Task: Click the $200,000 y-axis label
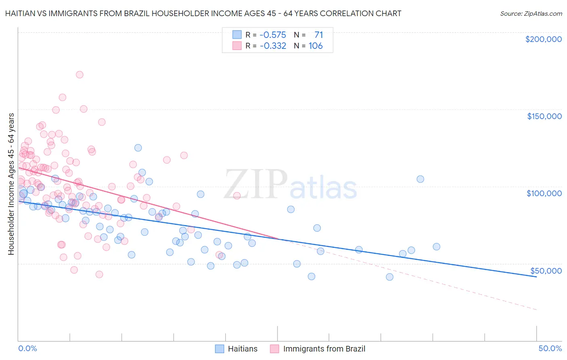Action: coord(543,39)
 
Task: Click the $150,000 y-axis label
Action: coord(544,116)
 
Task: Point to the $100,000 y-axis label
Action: coord(544,193)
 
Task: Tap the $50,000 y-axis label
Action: coord(546,270)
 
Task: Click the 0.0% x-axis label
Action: coord(27,348)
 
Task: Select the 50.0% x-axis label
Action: coord(550,348)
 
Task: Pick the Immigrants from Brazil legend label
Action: coord(324,349)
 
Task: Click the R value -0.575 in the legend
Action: coord(273,35)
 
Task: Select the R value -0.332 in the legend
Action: coord(273,46)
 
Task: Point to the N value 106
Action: coord(315,46)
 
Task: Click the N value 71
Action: coord(319,35)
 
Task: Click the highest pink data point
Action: coord(79,75)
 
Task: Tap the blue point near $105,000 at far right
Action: coord(420,179)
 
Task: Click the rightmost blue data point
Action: coord(436,247)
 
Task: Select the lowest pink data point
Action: coord(99,274)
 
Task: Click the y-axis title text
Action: coord(11,184)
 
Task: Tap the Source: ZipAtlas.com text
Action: coord(531,13)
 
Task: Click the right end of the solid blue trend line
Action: coord(536,277)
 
